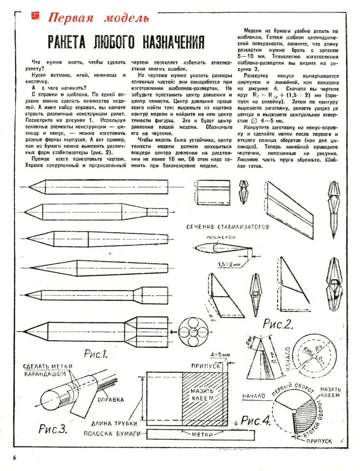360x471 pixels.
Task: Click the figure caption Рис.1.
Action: coord(96,354)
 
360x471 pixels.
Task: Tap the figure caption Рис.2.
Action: coord(278,324)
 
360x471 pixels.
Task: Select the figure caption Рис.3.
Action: coord(53,429)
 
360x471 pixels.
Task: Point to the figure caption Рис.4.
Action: coord(256,420)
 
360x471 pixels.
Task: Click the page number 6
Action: coord(15,457)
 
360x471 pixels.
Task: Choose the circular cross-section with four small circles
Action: coord(190,331)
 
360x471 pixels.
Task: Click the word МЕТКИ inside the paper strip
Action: coord(202,434)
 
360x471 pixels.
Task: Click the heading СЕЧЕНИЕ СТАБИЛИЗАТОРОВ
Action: coord(227,227)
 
